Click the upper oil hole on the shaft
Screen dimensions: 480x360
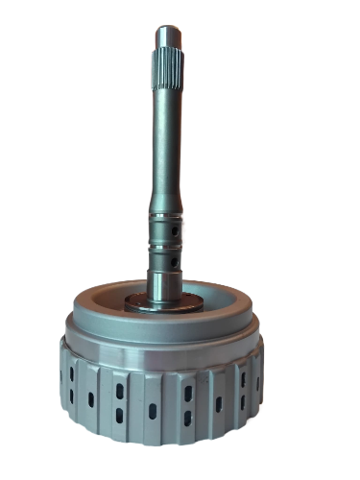[x=175, y=233]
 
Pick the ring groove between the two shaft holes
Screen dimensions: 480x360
[x=167, y=247]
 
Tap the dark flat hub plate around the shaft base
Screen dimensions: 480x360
[x=144, y=305]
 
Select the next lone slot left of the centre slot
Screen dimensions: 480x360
[x=90, y=397]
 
